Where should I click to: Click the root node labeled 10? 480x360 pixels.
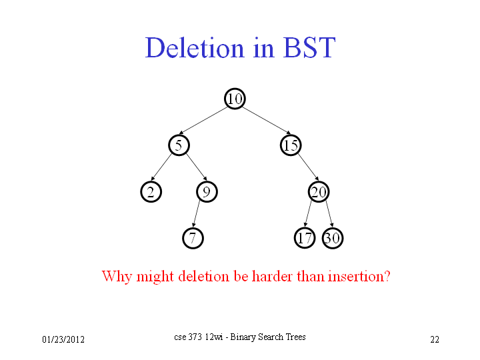click(x=235, y=99)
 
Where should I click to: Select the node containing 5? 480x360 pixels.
click(x=179, y=145)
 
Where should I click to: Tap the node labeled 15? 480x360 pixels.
click(x=291, y=145)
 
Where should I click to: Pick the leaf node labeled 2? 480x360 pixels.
click(x=151, y=192)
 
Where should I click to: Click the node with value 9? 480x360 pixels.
click(x=207, y=192)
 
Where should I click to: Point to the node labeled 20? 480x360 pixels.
click(x=319, y=192)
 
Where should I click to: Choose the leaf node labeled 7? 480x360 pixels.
click(x=193, y=238)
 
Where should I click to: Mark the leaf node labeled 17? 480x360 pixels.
click(x=305, y=238)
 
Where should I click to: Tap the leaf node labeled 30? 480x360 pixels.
click(x=333, y=238)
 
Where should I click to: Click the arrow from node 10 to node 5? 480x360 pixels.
click(x=203, y=121)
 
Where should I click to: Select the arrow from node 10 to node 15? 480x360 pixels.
click(x=267, y=121)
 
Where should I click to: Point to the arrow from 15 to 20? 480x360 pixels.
click(x=308, y=167)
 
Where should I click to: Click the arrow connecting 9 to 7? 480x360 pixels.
click(x=196, y=214)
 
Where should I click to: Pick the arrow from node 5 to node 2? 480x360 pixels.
click(x=161, y=167)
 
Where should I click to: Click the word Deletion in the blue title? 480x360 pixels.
click(x=195, y=48)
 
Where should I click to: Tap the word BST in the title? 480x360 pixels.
click(x=309, y=48)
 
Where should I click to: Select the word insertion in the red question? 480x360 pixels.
click(x=356, y=276)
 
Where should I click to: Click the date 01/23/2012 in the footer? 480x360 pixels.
click(x=63, y=339)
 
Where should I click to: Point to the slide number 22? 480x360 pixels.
click(x=435, y=339)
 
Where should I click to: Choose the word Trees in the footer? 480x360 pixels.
click(x=296, y=337)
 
